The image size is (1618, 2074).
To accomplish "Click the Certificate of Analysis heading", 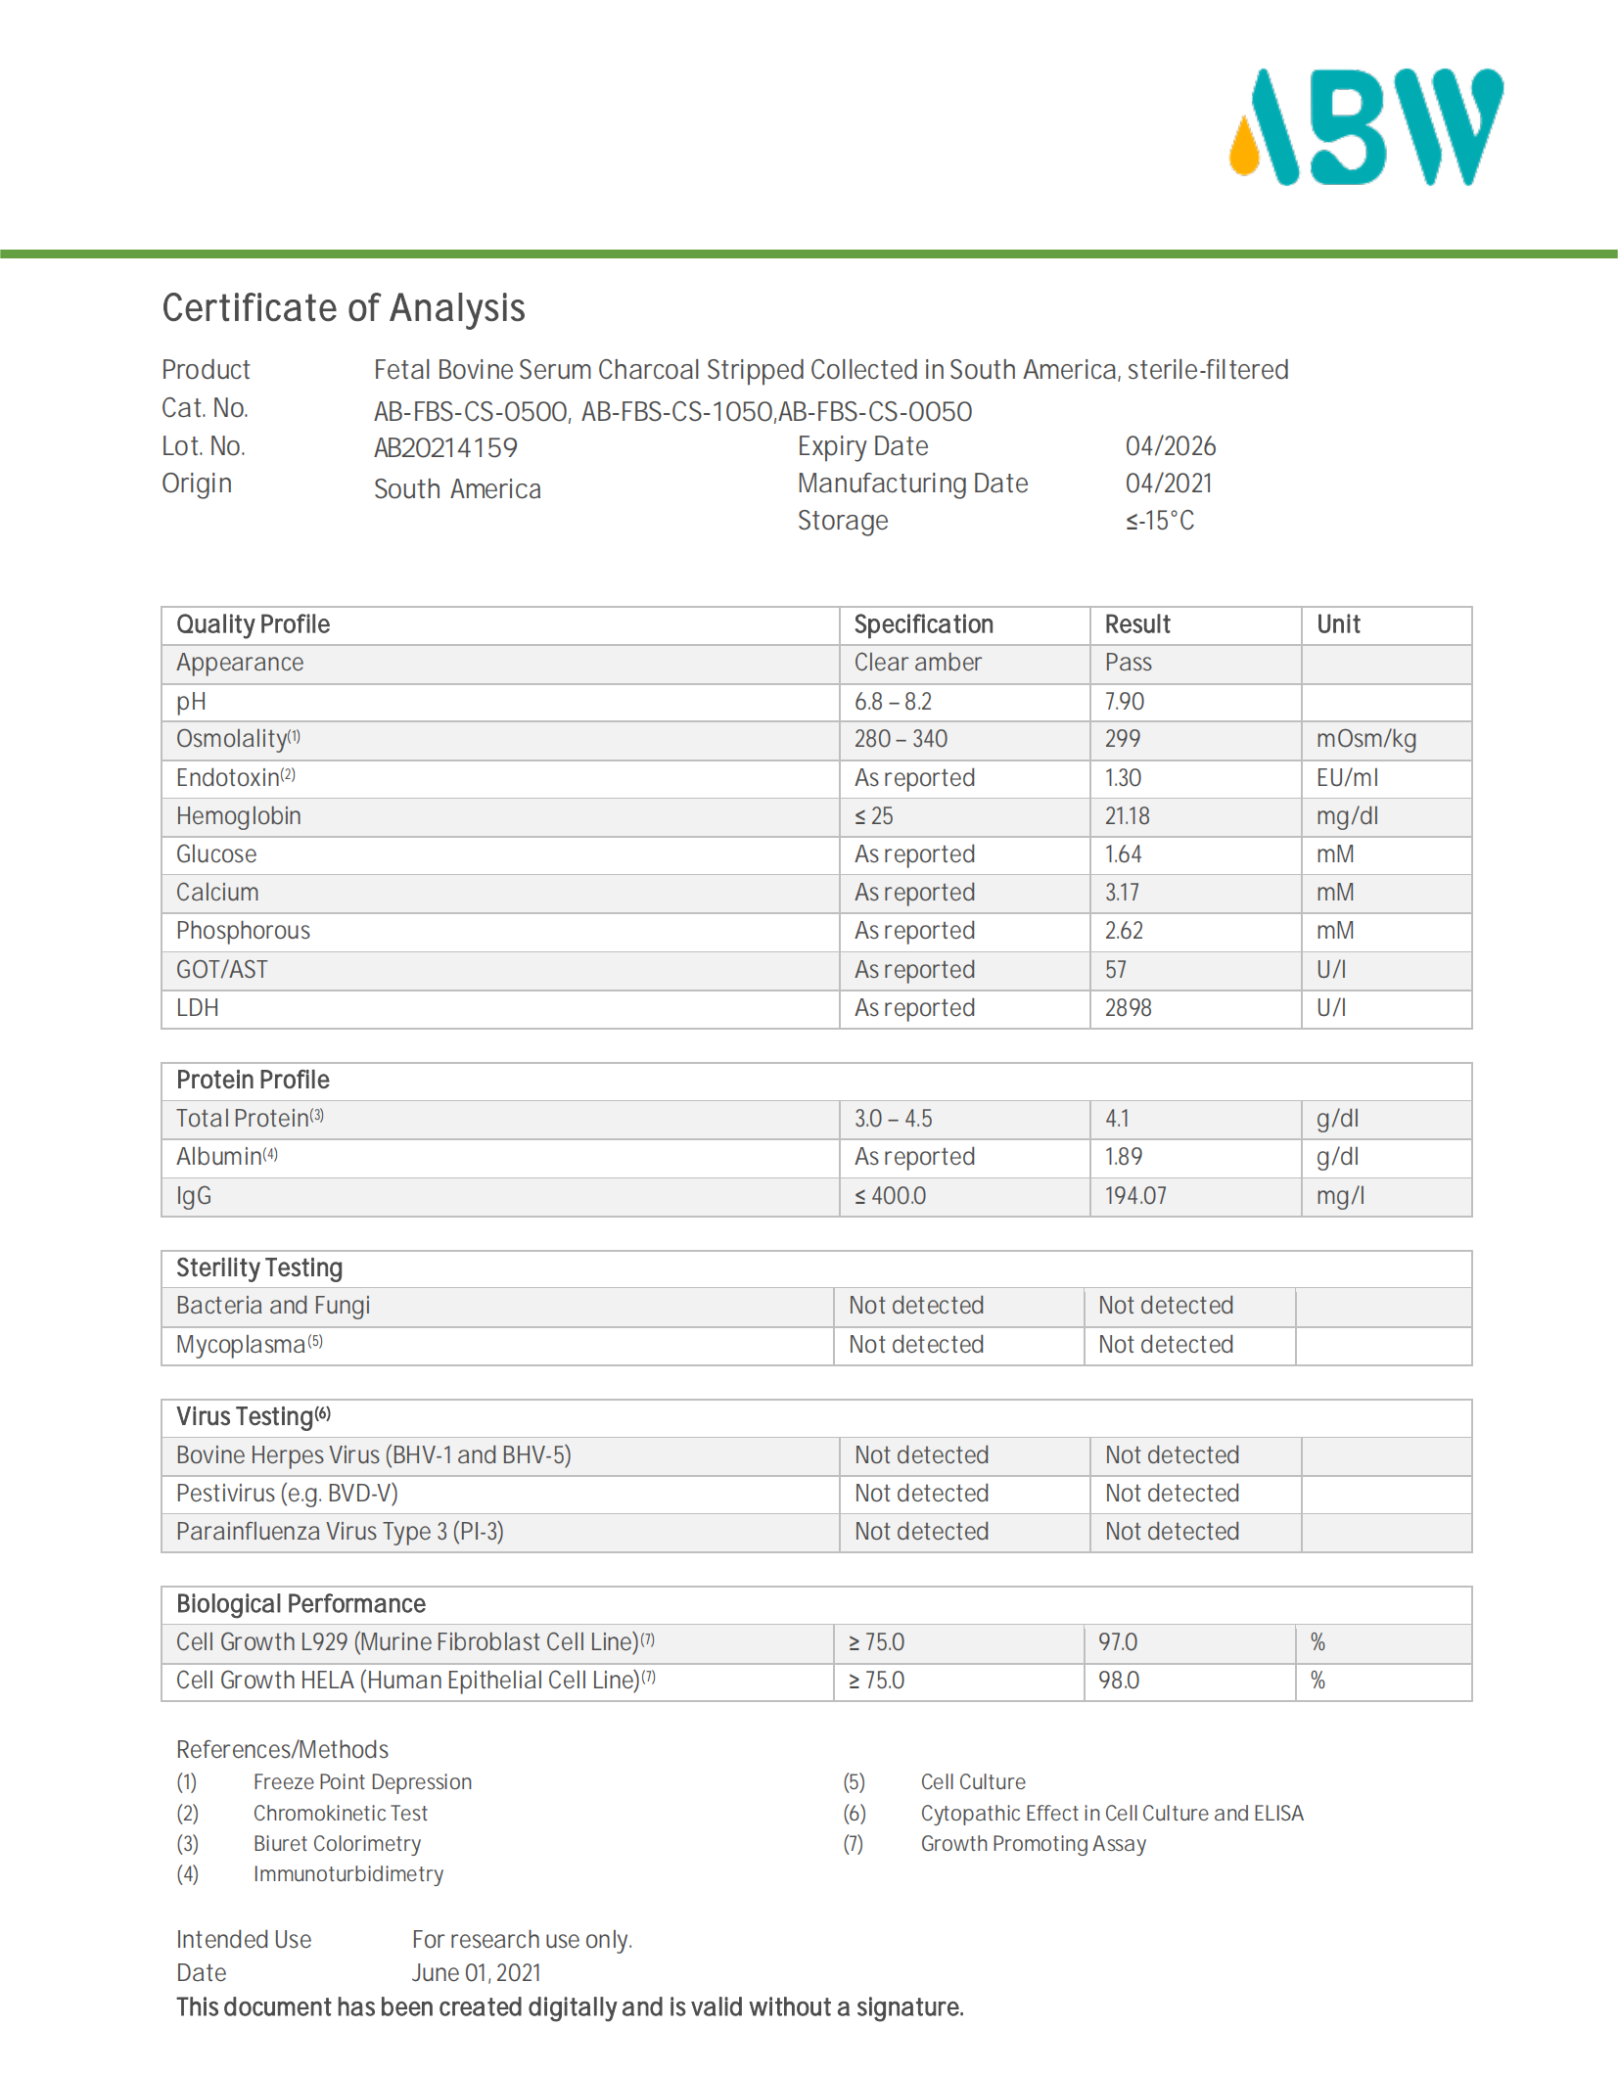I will (344, 308).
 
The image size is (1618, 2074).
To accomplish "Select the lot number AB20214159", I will (445, 448).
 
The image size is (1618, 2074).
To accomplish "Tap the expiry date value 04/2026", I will (1170, 446).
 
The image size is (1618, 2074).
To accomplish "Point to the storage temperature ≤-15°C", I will (1159, 521).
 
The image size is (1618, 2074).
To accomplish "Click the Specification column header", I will (923, 624).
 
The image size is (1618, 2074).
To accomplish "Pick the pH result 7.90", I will (1124, 702).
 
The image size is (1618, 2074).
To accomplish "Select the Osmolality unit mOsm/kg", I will (1365, 739).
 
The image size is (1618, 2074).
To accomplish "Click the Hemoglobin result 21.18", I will (1127, 816).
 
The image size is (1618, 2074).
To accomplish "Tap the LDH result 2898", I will (1128, 1008).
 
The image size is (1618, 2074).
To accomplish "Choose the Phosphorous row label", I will (243, 931).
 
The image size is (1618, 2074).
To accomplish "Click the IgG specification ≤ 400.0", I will (890, 1196).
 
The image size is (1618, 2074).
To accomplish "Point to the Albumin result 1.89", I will (1123, 1157).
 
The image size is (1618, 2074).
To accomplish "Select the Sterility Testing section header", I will (259, 1268).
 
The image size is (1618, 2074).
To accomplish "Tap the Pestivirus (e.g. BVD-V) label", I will (287, 1494).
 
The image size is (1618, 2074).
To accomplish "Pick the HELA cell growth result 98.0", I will (1118, 1681).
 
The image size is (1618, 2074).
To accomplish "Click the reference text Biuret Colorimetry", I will (337, 1844).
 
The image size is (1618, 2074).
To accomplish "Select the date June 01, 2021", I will (476, 1973).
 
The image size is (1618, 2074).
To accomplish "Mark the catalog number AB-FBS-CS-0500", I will (470, 412).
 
